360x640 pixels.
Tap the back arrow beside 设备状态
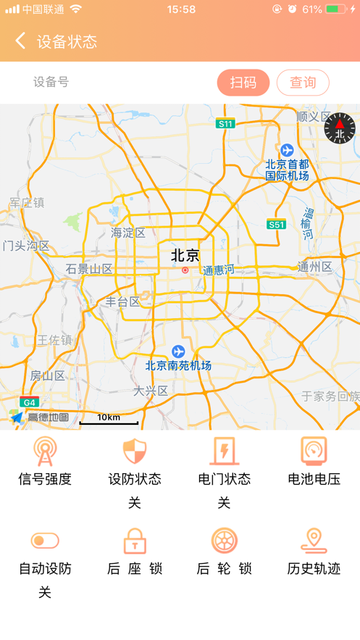coord(20,41)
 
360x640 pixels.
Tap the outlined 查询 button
coord(303,83)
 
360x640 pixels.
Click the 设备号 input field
coord(116,83)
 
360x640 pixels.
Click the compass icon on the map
coord(340,128)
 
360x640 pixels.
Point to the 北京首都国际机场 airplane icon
coord(288,150)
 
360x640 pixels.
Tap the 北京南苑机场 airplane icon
coord(178,352)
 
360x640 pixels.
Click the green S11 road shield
coord(226,124)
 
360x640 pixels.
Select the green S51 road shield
coord(276,225)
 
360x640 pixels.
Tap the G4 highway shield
coord(28,402)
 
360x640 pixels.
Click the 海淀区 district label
coord(128,233)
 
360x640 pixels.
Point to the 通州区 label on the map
coord(314,267)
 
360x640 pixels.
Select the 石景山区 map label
coord(89,269)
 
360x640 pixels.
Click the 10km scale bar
coord(109,420)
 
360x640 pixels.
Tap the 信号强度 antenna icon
coord(45,451)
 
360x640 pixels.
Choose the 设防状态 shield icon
coord(135,451)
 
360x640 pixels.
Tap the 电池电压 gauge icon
coord(314,451)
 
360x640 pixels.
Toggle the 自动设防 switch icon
coord(45,541)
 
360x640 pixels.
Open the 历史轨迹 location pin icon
coord(314,541)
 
